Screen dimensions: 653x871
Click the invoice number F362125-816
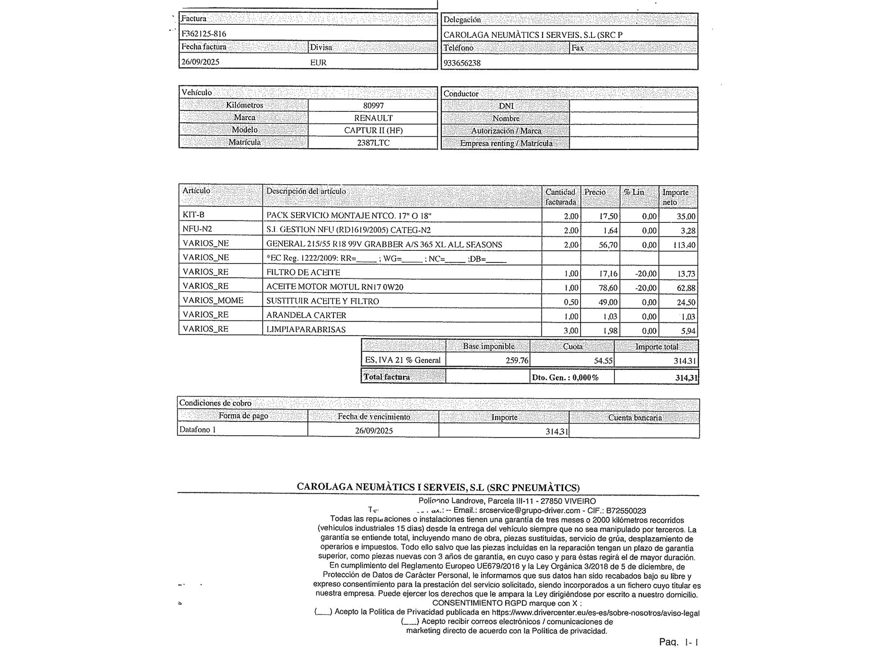(x=204, y=34)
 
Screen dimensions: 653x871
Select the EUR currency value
(x=318, y=62)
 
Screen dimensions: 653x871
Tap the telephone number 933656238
(x=462, y=63)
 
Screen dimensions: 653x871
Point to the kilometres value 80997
(x=373, y=105)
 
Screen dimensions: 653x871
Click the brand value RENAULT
(x=373, y=118)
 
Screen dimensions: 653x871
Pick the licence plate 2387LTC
(x=373, y=143)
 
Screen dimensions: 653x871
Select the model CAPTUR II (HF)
(x=373, y=130)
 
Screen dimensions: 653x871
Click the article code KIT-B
(x=193, y=215)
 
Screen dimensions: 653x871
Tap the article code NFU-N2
(x=197, y=229)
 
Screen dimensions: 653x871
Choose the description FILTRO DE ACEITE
(x=303, y=273)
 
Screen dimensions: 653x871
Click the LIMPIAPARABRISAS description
(x=306, y=330)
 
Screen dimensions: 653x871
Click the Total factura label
(x=387, y=377)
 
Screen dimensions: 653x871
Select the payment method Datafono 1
(x=198, y=430)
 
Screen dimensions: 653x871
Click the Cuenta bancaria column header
(x=635, y=418)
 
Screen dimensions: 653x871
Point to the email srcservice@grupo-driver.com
(x=530, y=511)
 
